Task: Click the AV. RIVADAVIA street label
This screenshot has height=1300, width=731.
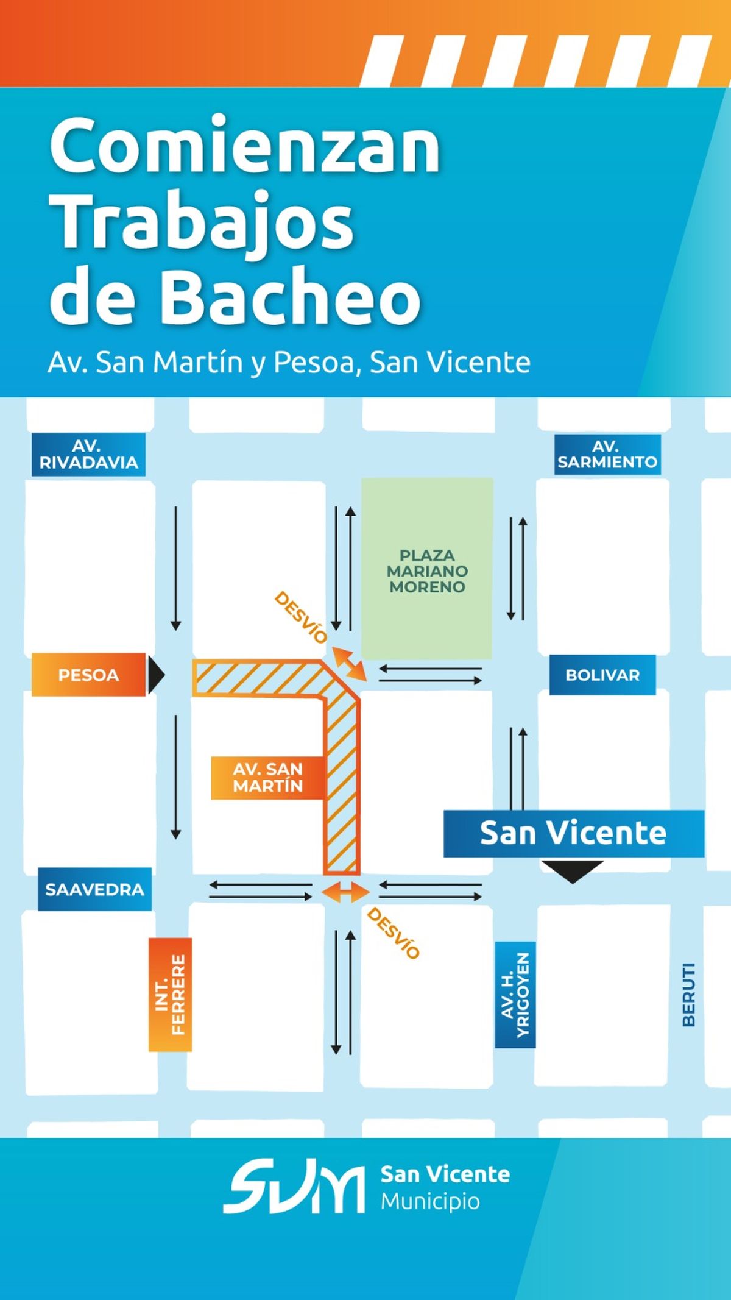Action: click(x=88, y=455)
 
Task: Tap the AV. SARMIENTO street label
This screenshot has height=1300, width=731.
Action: click(x=607, y=455)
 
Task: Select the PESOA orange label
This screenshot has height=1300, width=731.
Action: click(x=88, y=675)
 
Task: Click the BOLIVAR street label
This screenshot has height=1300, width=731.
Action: click(x=602, y=675)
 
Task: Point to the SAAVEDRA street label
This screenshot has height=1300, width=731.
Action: click(x=94, y=889)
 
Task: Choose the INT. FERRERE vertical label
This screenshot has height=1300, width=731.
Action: click(x=170, y=994)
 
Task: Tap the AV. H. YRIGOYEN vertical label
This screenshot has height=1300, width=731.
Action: click(x=515, y=995)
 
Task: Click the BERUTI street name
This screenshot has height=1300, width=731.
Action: click(x=688, y=995)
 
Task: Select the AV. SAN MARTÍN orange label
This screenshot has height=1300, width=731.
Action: click(x=267, y=778)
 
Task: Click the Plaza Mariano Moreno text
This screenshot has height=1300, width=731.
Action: click(x=427, y=571)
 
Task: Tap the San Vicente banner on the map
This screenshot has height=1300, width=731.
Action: click(x=573, y=833)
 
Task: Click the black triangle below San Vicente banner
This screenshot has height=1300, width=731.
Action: click(x=572, y=870)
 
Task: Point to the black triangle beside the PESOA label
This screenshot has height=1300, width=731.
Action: click(x=156, y=675)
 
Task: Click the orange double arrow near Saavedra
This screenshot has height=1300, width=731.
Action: click(x=345, y=893)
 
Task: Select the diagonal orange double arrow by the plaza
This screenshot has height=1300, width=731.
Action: click(x=349, y=665)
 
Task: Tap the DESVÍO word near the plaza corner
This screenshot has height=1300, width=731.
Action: click(x=300, y=617)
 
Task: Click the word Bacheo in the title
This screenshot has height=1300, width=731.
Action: click(x=290, y=297)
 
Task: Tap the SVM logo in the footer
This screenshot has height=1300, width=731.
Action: click(x=294, y=1188)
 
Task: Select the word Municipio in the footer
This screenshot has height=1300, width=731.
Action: click(x=430, y=1201)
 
